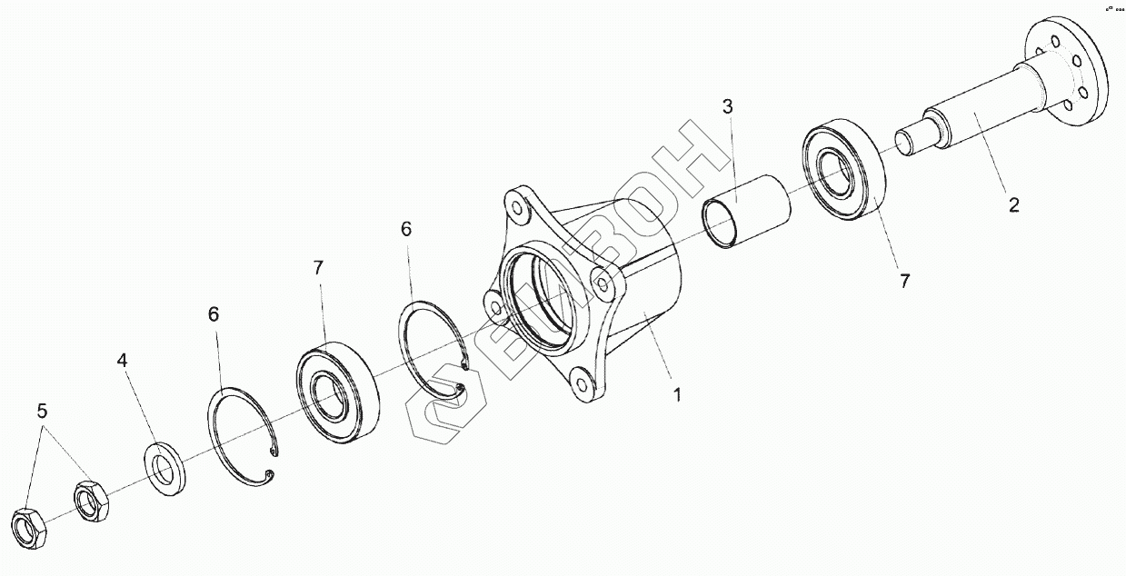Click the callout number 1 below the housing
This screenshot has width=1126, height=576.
(x=676, y=395)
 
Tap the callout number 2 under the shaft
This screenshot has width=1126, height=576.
(x=1013, y=204)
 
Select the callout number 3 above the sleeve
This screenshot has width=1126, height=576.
(x=728, y=105)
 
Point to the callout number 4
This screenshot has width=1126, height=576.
(x=123, y=361)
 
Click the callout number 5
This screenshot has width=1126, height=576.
(x=41, y=410)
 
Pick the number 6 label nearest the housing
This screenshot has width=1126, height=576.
(x=406, y=229)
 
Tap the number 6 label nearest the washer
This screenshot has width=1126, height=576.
(x=214, y=314)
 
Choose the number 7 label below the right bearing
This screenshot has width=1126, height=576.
(x=904, y=281)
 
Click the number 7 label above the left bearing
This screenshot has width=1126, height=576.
(x=318, y=268)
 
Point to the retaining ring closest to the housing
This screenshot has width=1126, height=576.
(x=433, y=349)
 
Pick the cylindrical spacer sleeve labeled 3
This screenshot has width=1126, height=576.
(x=748, y=211)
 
